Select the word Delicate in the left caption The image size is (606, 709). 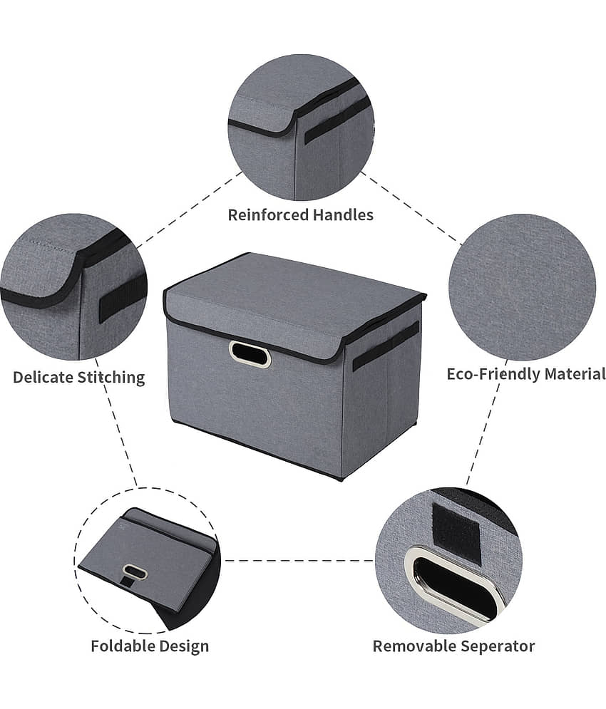[43, 377]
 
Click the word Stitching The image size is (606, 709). [111, 378]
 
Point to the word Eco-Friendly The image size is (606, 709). [493, 374]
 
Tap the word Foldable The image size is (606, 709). [120, 646]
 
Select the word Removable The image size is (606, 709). [411, 646]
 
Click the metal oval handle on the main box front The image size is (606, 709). [250, 354]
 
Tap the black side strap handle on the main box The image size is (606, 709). [386, 346]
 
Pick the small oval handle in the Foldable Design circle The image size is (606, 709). [135, 572]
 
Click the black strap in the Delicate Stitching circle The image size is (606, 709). [122, 299]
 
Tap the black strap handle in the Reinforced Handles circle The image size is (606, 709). [338, 121]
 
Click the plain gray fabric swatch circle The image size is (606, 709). [523, 287]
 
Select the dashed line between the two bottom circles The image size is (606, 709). [299, 561]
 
